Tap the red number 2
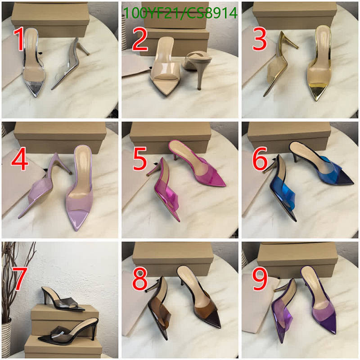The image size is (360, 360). (x=139, y=40)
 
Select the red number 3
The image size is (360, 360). (x=260, y=40)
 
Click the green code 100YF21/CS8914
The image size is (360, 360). (x=180, y=13)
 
